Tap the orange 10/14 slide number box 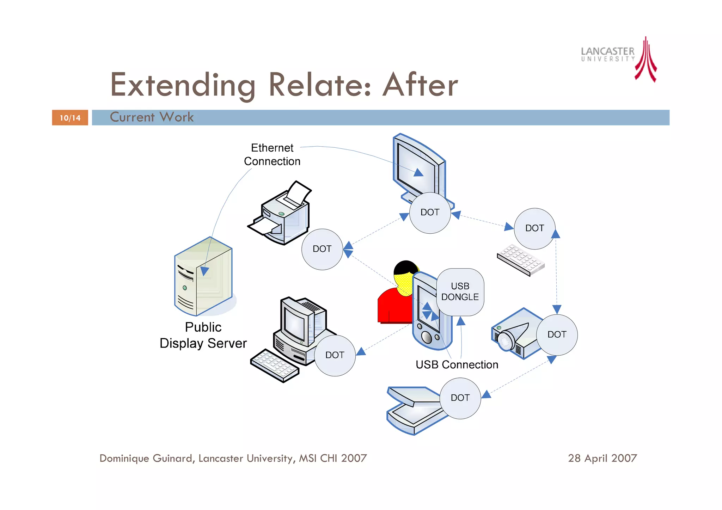(x=70, y=118)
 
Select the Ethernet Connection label (x=272, y=154)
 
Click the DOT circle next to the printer (x=322, y=249)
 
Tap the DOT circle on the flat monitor (x=430, y=213)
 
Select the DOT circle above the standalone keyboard (x=534, y=228)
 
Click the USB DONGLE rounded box (x=460, y=292)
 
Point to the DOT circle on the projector (x=557, y=334)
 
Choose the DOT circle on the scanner (x=460, y=398)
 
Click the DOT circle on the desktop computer (x=335, y=355)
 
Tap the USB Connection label (x=457, y=364)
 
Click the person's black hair (x=405, y=267)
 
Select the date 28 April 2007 (x=602, y=458)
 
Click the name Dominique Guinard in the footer (x=146, y=458)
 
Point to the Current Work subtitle (x=152, y=117)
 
